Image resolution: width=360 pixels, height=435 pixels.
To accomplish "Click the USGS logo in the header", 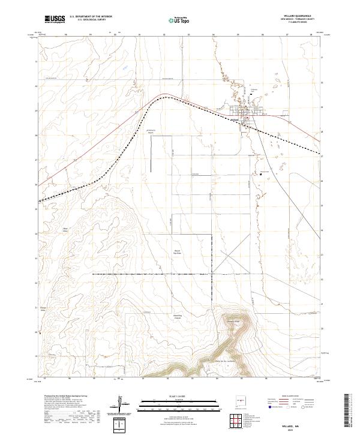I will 54,19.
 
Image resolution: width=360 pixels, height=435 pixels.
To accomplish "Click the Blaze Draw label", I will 67,229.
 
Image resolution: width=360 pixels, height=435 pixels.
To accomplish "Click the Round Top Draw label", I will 177,252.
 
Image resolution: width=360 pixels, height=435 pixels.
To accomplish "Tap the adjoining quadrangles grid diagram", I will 237,422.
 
